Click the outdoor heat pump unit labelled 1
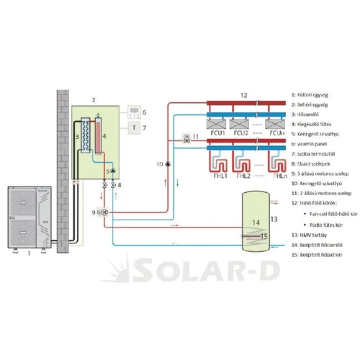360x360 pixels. click(x=27, y=218)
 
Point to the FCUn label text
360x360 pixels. click(x=277, y=133)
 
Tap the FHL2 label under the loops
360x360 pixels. click(x=241, y=174)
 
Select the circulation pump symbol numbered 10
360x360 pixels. click(x=167, y=165)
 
